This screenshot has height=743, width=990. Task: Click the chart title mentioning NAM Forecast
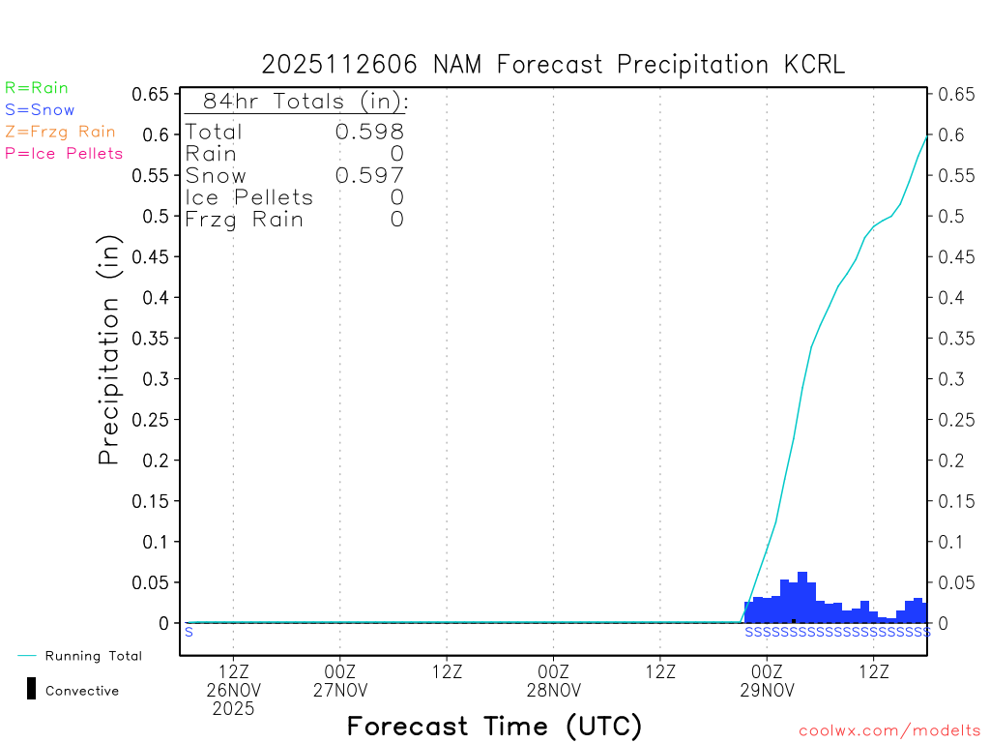click(x=553, y=65)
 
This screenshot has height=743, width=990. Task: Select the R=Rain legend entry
click(x=37, y=88)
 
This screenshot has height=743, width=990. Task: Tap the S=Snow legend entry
click(x=40, y=110)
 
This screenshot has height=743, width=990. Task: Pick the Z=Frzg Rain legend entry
click(x=60, y=132)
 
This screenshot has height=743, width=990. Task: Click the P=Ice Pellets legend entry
click(x=64, y=153)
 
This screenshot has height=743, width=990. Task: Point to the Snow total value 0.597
click(x=369, y=175)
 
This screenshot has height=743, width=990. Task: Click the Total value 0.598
click(x=369, y=132)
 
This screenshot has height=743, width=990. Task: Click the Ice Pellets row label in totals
click(x=249, y=197)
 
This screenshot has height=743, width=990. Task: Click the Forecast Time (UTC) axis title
click(x=494, y=726)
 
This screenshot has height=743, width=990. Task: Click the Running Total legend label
click(x=93, y=656)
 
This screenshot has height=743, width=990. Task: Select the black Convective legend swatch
click(x=32, y=689)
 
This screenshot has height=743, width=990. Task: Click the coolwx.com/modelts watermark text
click(x=889, y=731)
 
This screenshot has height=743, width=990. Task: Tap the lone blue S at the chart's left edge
click(x=189, y=632)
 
